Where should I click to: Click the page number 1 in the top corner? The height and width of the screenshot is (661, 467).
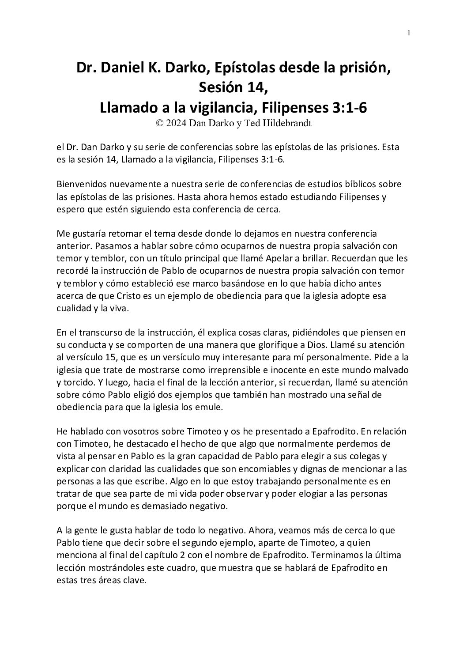(409, 33)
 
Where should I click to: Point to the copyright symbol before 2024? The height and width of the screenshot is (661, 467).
(159, 123)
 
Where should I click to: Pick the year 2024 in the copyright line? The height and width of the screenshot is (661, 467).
(176, 123)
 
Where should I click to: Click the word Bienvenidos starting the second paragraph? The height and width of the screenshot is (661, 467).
(80, 184)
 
